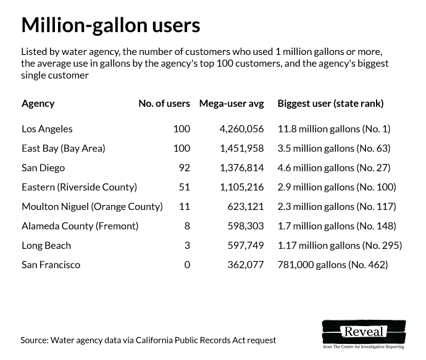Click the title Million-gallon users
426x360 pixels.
(111, 25)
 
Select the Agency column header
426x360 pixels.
(38, 104)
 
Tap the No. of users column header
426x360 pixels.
(164, 104)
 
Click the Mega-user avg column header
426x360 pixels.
(231, 104)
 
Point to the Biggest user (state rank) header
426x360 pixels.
(330, 104)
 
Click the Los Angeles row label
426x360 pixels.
(47, 129)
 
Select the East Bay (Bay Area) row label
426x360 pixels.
(64, 148)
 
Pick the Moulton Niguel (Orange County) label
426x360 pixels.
(92, 206)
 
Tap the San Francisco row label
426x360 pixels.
(51, 265)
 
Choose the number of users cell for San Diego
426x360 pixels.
(183, 167)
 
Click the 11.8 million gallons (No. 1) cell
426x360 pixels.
(334, 129)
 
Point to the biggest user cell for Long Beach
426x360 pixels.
(340, 245)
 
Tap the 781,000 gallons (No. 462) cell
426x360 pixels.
(333, 265)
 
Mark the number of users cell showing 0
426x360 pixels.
(186, 265)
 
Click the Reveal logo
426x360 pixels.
(364, 332)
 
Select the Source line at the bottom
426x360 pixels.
(148, 340)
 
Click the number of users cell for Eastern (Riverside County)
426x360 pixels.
(183, 187)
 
